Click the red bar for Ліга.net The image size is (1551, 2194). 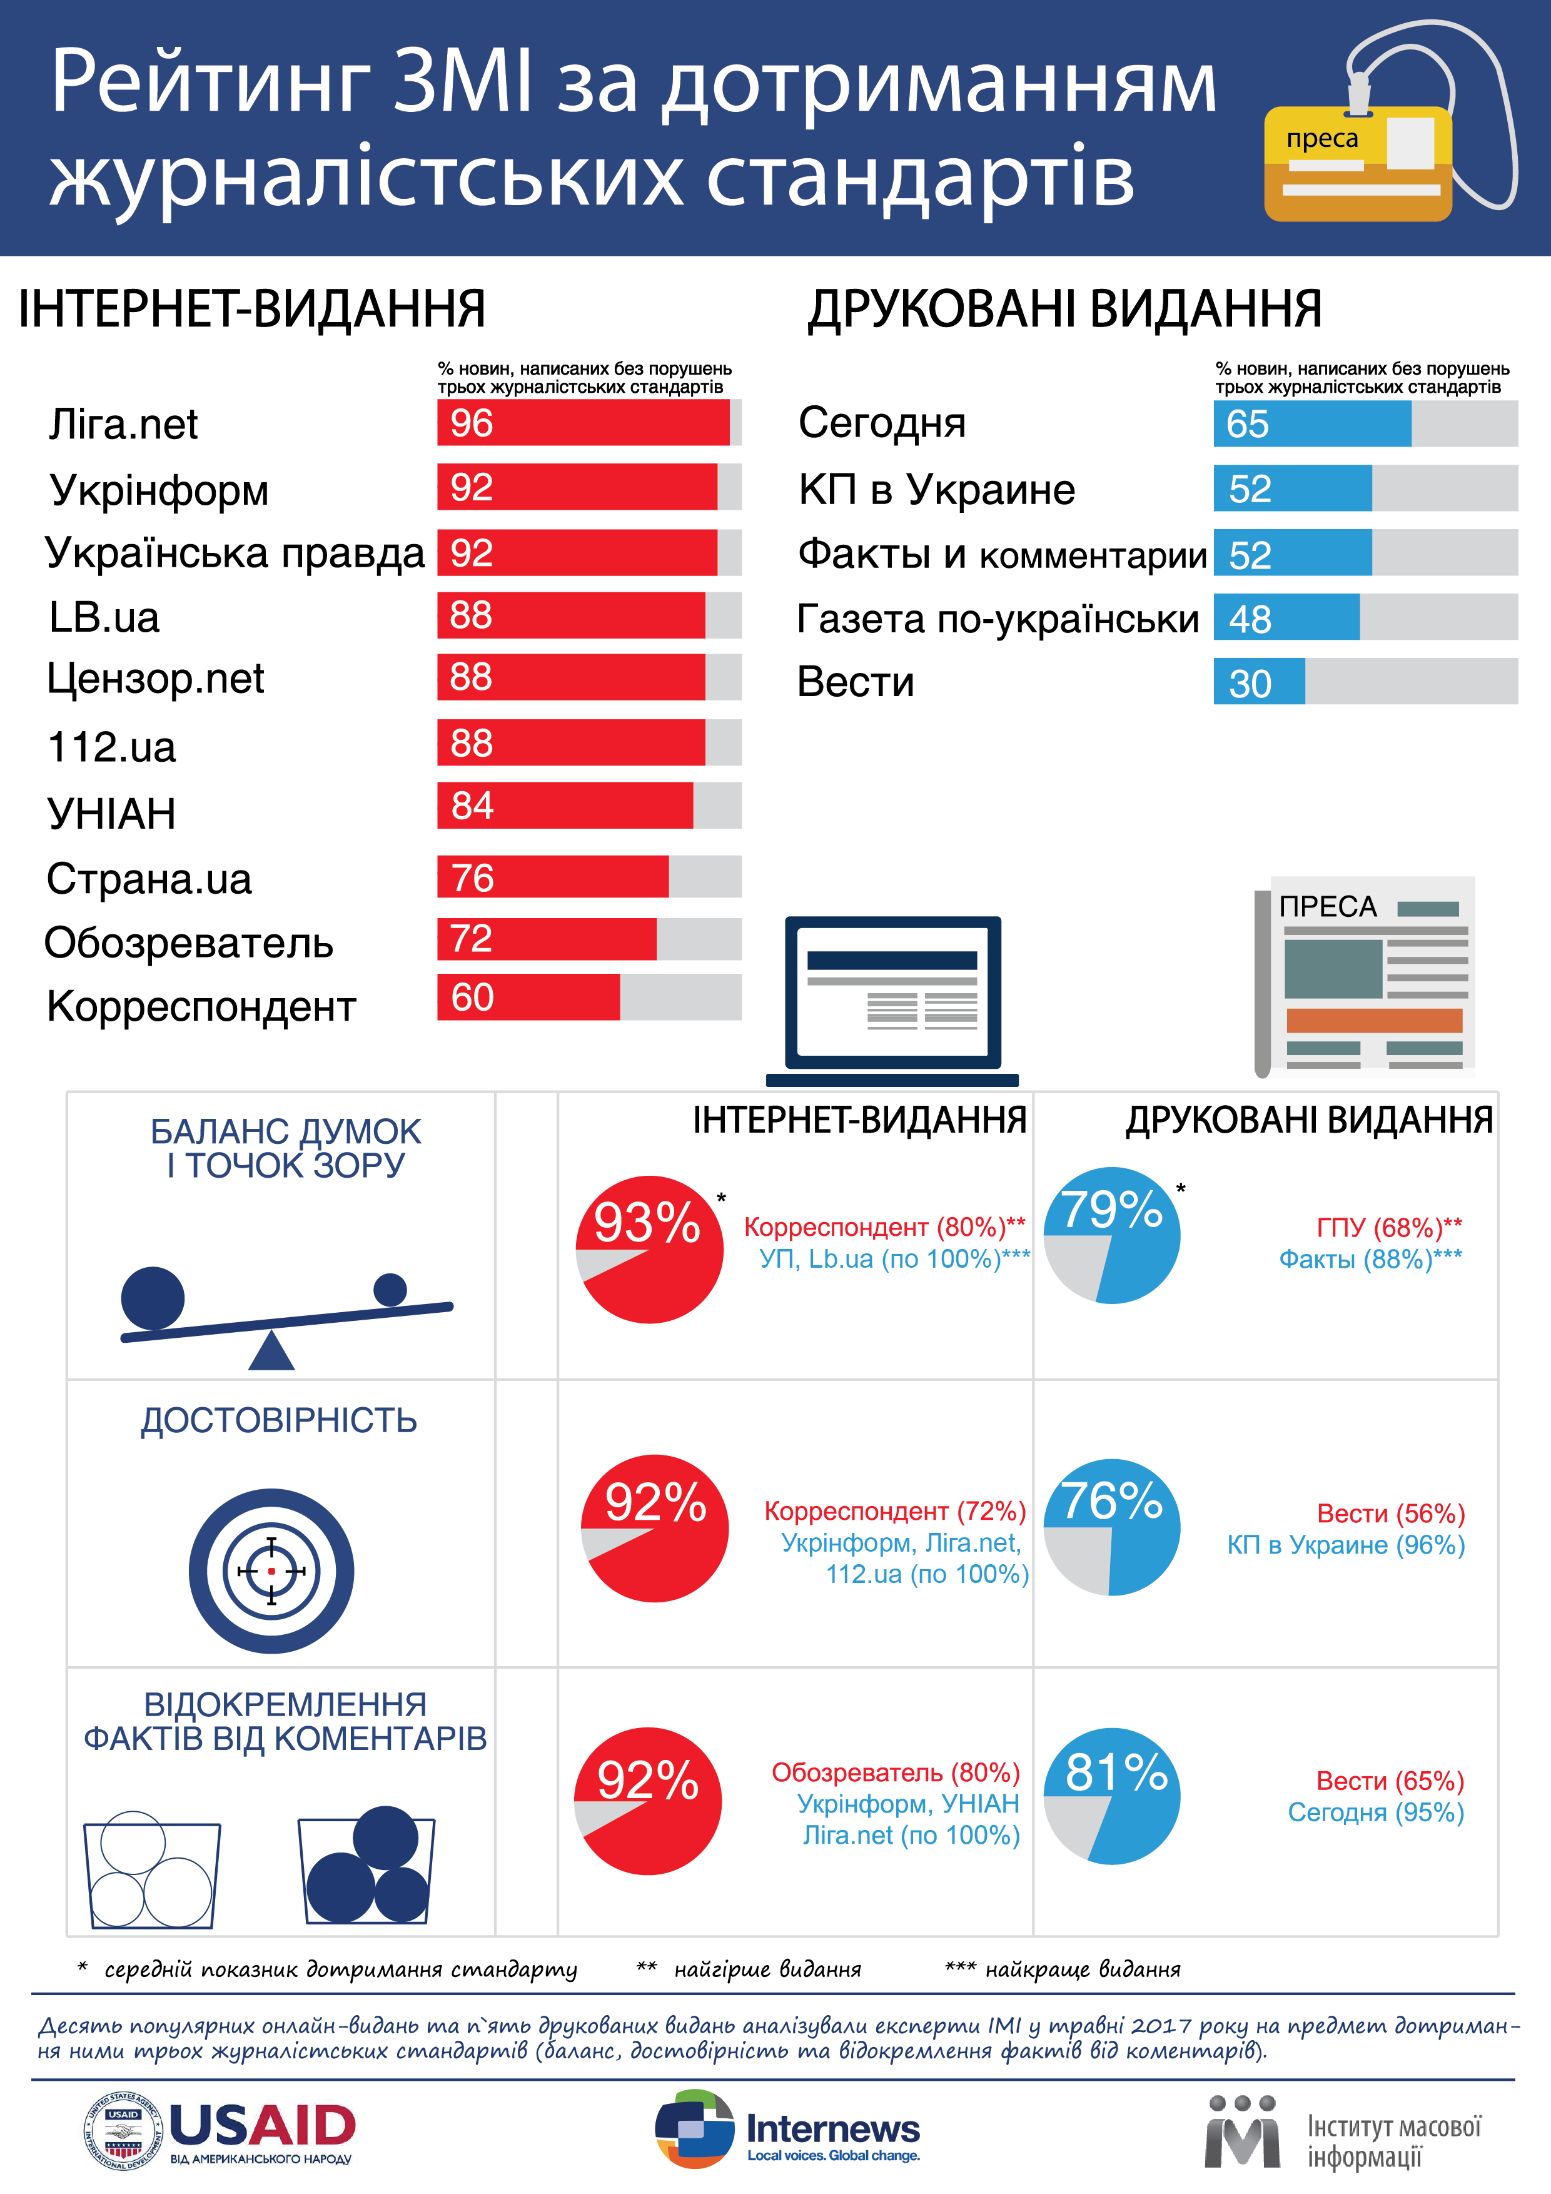(583, 422)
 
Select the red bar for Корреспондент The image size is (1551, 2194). (528, 997)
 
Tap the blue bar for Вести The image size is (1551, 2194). (1258, 681)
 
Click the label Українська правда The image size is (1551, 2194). (234, 554)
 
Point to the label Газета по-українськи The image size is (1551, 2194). (998, 619)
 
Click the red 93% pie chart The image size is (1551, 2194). (650, 1249)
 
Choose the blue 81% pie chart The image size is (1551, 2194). (1113, 1796)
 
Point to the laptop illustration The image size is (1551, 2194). (892, 999)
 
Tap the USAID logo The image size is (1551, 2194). (220, 2132)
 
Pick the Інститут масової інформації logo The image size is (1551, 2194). (1343, 2132)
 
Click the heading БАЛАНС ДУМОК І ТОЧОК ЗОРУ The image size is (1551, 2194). (286, 1148)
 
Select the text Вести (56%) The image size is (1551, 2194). (1390, 1514)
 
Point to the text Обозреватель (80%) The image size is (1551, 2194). (896, 1772)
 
